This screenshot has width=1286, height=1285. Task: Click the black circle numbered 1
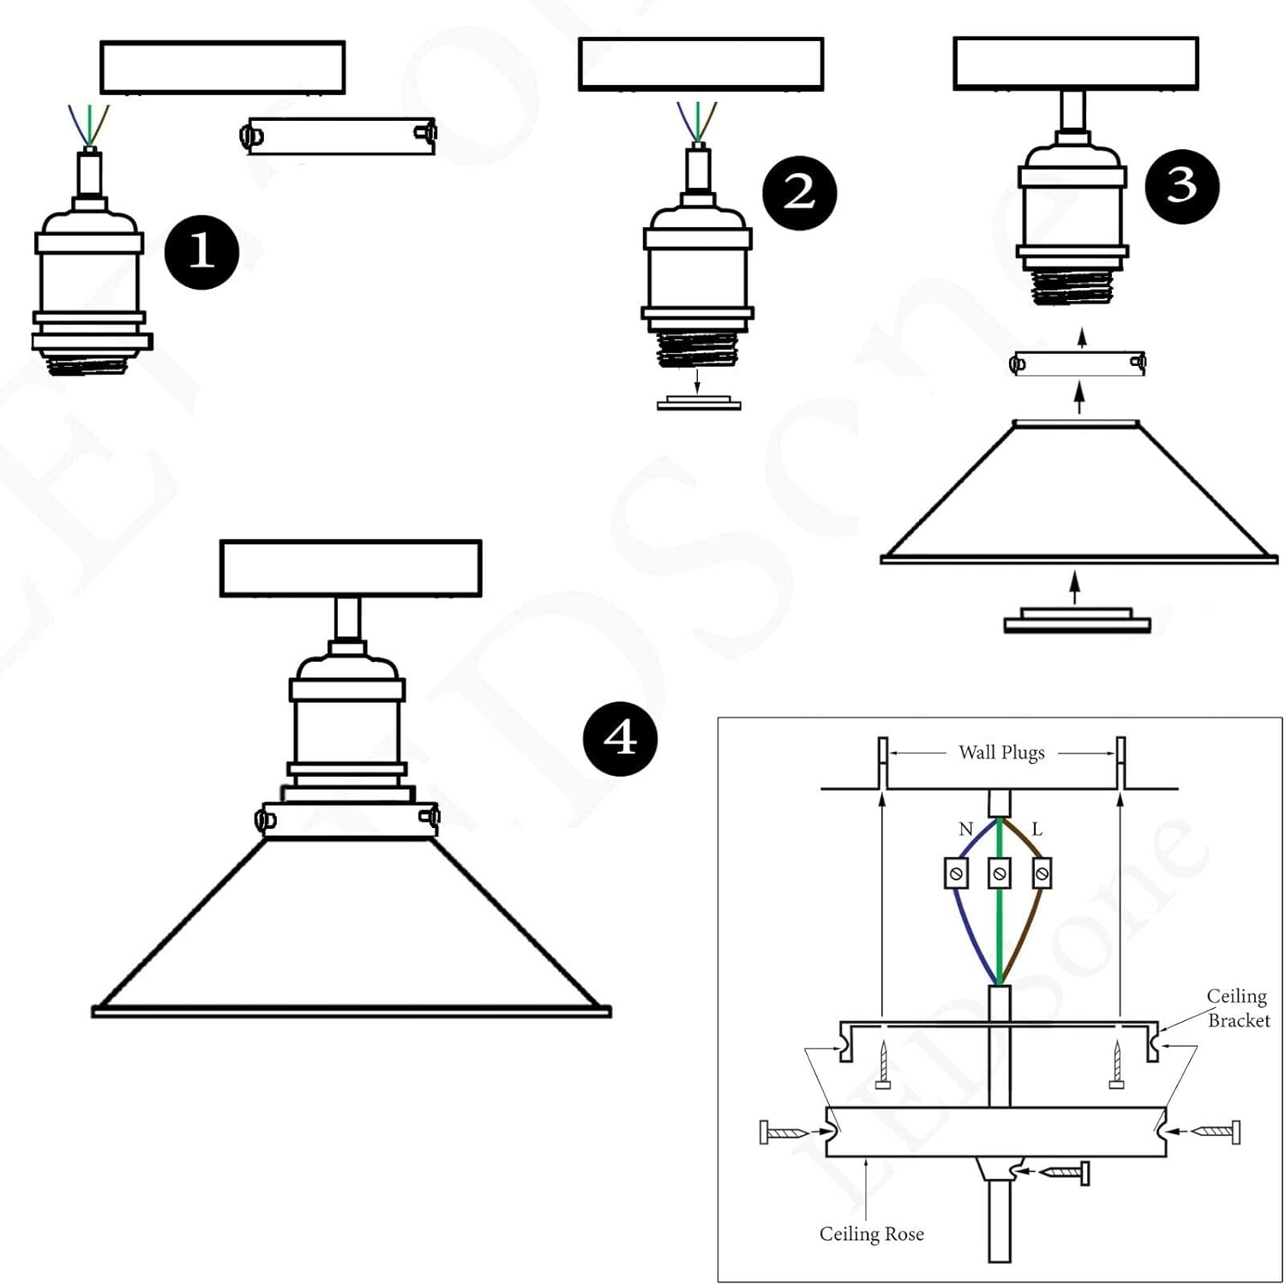[201, 252]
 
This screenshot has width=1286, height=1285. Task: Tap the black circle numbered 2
[799, 193]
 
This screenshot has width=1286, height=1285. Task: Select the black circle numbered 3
[1182, 186]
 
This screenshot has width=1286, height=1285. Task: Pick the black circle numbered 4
[620, 739]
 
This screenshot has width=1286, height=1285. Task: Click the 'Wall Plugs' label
[1001, 753]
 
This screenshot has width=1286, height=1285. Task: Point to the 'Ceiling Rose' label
[871, 1234]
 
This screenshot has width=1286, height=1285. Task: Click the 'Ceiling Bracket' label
[1238, 1008]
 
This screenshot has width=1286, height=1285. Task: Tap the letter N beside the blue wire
[965, 829]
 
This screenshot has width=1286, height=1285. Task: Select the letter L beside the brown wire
[1037, 829]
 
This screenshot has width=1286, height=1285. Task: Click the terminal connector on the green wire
[999, 874]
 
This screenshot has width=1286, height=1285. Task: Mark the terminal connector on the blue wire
[956, 874]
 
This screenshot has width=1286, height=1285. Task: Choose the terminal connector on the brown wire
[1042, 874]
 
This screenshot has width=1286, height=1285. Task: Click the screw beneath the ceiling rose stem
[1066, 1172]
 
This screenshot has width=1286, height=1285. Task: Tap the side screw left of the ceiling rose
[785, 1132]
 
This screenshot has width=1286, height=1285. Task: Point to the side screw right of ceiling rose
[1216, 1132]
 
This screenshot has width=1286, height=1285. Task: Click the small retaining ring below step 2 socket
[699, 403]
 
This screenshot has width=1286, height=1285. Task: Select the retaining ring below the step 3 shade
[1077, 621]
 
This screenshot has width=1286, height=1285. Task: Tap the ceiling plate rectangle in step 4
[351, 568]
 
